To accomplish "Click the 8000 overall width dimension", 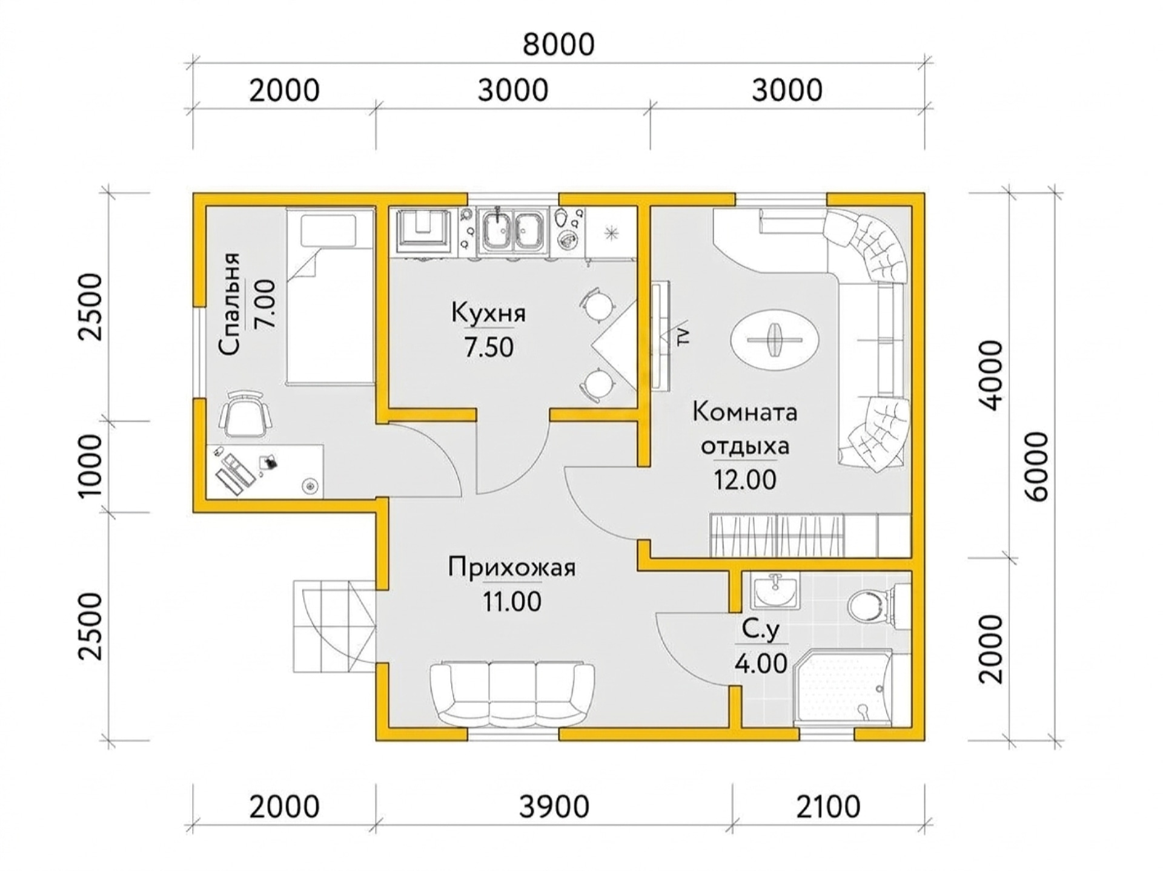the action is coord(558,45).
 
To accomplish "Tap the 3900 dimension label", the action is coord(554,807).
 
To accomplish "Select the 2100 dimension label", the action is coord(828,807).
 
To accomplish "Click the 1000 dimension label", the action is coord(91,466).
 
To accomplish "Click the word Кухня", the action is coord(489,314).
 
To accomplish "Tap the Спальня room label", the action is coord(230,304).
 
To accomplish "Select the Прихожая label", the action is coord(512,568).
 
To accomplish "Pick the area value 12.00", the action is coord(744,480).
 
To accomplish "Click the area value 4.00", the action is coord(761,664).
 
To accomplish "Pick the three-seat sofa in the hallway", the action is coord(512,694).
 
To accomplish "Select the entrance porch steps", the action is coord(334,626).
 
